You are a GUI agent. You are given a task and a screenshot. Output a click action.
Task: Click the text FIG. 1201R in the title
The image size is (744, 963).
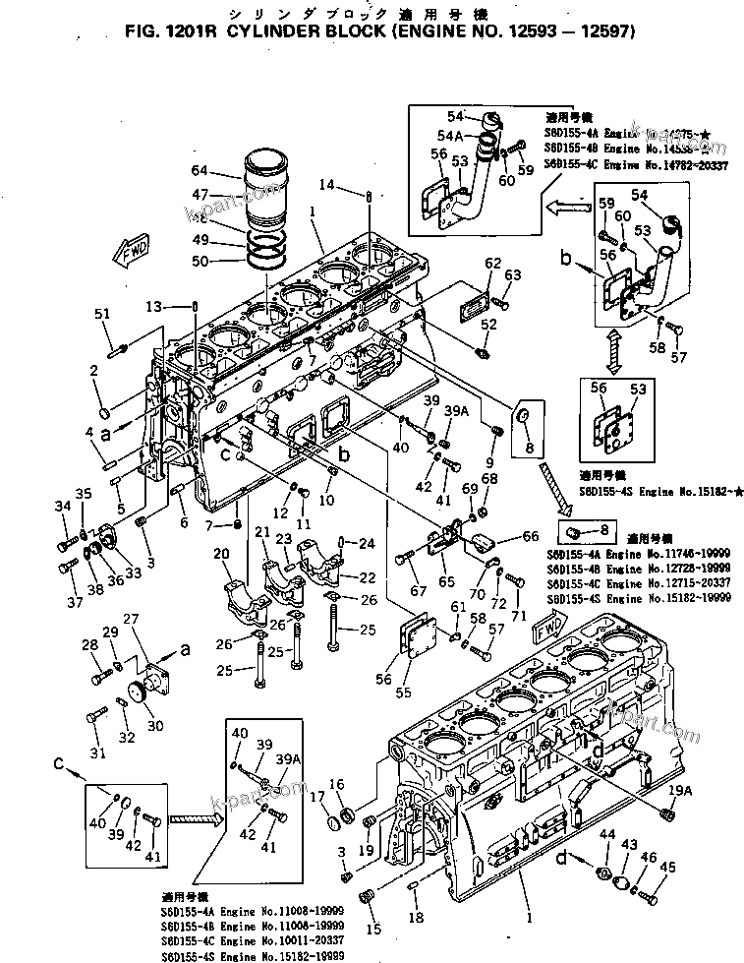click(x=171, y=30)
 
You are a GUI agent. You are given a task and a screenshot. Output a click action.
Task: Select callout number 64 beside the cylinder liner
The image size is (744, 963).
click(x=200, y=170)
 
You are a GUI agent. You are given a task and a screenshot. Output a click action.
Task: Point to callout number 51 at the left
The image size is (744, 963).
click(x=102, y=313)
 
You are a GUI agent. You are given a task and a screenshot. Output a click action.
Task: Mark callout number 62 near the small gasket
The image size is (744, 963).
click(x=492, y=263)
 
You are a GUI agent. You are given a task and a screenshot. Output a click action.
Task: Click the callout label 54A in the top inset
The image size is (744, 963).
click(x=451, y=135)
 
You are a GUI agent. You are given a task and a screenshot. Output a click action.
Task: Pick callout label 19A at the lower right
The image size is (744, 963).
click(x=676, y=786)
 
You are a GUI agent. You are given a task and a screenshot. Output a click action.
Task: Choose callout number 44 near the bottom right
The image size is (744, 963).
click(x=606, y=834)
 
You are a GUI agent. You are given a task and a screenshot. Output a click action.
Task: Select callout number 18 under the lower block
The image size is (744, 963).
click(x=415, y=917)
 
